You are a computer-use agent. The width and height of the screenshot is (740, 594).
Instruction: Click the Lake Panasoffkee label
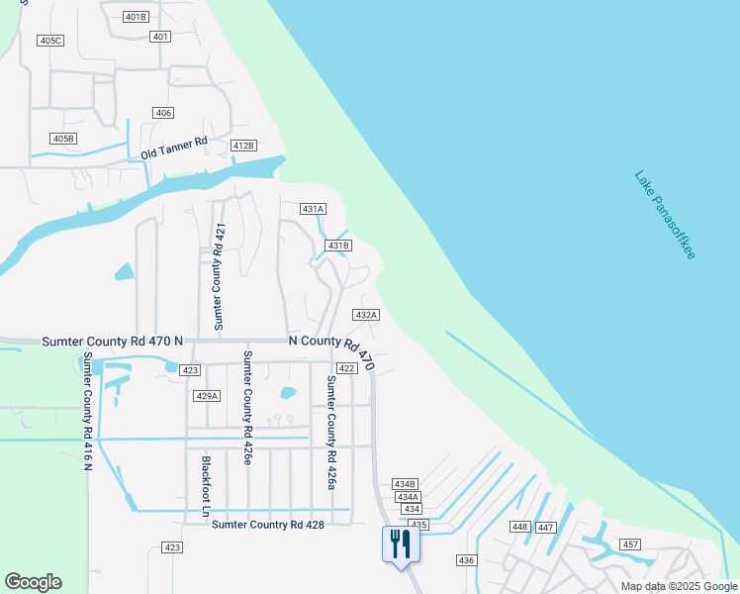pyautogui.click(x=665, y=215)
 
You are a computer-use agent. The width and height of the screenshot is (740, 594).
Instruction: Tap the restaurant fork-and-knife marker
pyautogui.click(x=401, y=544)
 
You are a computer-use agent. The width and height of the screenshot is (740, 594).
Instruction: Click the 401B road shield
pyautogui.click(x=137, y=17)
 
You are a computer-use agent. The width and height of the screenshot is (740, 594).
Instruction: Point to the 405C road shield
pyautogui.click(x=49, y=41)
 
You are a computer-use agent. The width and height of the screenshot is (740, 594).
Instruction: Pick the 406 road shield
pyautogui.click(x=163, y=113)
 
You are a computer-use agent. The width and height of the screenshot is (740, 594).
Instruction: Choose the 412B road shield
pyautogui.click(x=243, y=146)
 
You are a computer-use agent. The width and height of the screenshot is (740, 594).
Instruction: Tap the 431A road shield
pyautogui.click(x=314, y=209)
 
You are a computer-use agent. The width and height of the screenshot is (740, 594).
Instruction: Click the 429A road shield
pyautogui.click(x=206, y=396)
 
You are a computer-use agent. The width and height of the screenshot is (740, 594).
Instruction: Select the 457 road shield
pyautogui.click(x=630, y=545)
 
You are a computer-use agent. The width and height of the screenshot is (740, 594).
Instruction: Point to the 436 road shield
pyautogui.click(x=467, y=560)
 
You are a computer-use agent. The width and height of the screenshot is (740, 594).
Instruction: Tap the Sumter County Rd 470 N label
pyautogui.click(x=113, y=341)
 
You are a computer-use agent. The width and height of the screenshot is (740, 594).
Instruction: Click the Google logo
pyautogui.click(x=33, y=582)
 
